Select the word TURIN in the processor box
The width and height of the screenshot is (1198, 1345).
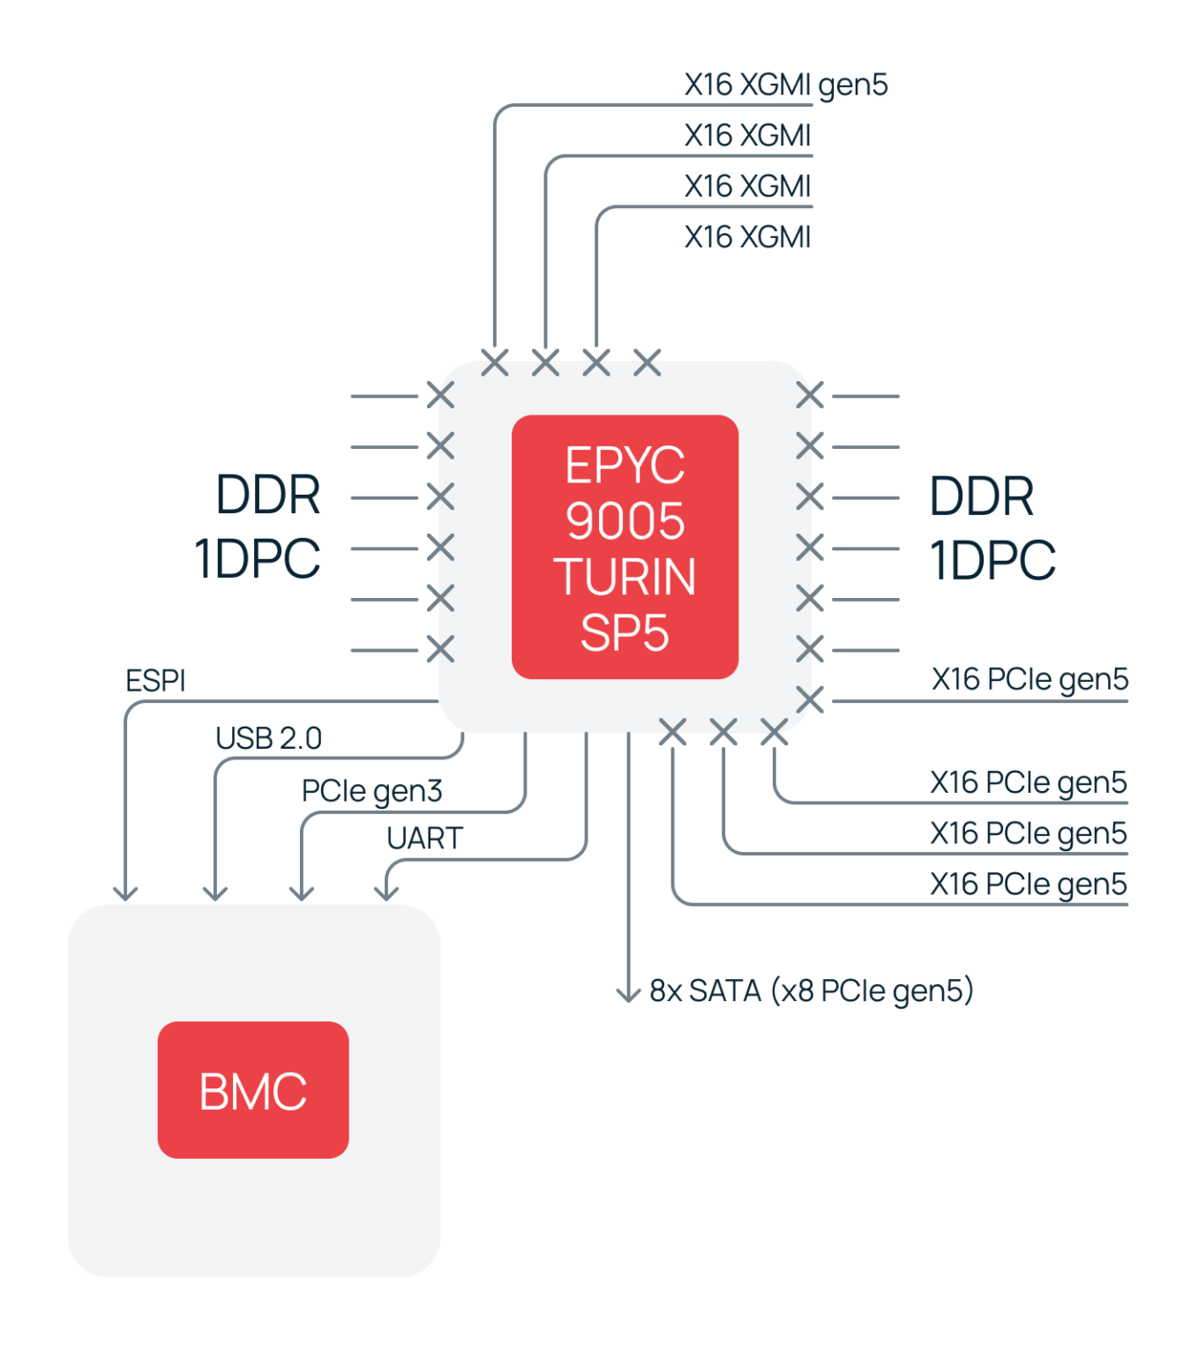tap(625, 577)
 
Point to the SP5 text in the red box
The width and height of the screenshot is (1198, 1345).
tap(625, 632)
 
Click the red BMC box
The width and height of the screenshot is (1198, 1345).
tap(253, 1090)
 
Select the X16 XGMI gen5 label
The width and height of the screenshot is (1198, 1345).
tap(785, 85)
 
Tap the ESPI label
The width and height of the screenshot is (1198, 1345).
tap(155, 681)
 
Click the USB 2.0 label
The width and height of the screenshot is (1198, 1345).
tap(268, 738)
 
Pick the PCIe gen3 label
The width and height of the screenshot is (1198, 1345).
tap(371, 791)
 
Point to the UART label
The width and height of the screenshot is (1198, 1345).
tap(424, 838)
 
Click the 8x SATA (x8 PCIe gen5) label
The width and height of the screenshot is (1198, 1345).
tap(811, 990)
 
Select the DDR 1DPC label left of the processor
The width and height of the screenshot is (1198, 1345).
tap(258, 527)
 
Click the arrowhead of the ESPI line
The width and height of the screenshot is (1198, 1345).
tap(126, 893)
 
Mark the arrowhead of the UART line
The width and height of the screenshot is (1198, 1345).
tap(386, 893)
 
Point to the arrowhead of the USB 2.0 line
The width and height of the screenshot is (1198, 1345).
tap(215, 893)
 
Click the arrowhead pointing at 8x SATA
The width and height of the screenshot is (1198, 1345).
tap(628, 996)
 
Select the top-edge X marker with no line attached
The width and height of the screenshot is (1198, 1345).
tap(648, 362)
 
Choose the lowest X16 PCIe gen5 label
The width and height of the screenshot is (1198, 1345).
tap(1028, 884)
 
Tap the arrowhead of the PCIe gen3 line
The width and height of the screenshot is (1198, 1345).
tap(302, 893)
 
